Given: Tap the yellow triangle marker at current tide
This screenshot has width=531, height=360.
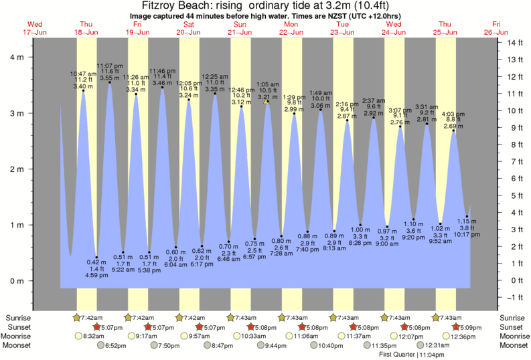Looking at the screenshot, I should [267, 102].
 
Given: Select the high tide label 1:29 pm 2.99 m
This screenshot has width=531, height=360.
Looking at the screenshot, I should [294, 102].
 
